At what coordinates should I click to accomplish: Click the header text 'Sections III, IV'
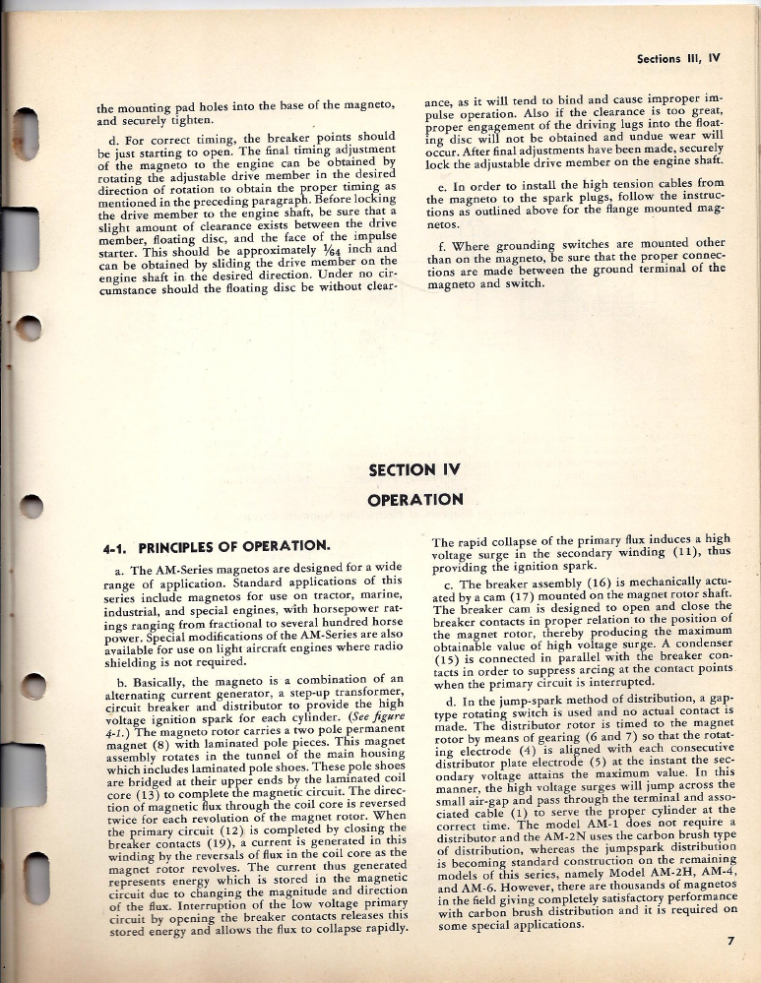point(680,57)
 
